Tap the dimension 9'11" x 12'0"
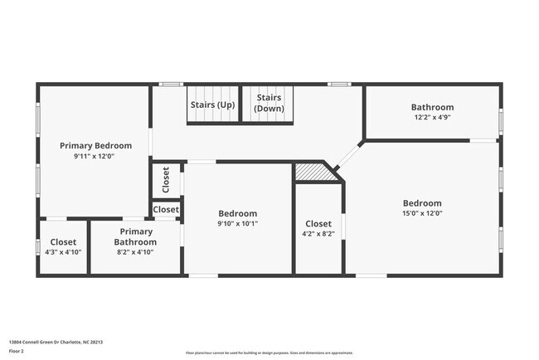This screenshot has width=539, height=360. pyautogui.click(x=93, y=156)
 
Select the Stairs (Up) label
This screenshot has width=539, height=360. pyautogui.click(x=212, y=105)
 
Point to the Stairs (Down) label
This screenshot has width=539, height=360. pyautogui.click(x=269, y=103)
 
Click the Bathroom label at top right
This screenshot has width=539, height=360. pyautogui.click(x=432, y=107)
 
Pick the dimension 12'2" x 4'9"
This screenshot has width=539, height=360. pyautogui.click(x=432, y=118)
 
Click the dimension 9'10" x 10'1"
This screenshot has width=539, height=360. pyautogui.click(x=237, y=223)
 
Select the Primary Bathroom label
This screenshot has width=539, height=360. pyautogui.click(x=136, y=236)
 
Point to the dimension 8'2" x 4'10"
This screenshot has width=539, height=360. pyautogui.click(x=136, y=252)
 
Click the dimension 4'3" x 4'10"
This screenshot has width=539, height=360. pyautogui.click(x=63, y=252)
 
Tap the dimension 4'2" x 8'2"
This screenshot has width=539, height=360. pyautogui.click(x=318, y=234)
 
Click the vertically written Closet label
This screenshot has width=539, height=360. pyautogui.click(x=166, y=179)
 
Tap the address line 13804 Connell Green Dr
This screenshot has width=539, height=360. pyautogui.click(x=56, y=341)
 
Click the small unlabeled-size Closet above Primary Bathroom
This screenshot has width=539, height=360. pyautogui.click(x=166, y=210)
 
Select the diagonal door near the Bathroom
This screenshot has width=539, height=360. pyautogui.click(x=350, y=154)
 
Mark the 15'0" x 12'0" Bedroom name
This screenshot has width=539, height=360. pyautogui.click(x=422, y=203)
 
